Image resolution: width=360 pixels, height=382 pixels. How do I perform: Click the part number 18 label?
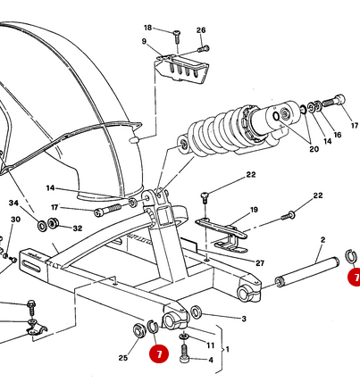tap(147, 28)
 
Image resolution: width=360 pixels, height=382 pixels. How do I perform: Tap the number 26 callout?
tap(201, 30)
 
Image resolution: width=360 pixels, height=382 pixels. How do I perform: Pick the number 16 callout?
tap(337, 136)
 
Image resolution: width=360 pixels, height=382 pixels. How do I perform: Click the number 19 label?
tap(254, 210)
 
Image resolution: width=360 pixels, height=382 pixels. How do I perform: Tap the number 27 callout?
tap(260, 263)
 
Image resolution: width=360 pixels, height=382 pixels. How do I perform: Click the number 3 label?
tap(243, 318)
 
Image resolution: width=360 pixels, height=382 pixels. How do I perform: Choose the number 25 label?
tap(122, 359)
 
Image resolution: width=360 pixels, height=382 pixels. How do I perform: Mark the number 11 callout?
tap(210, 345)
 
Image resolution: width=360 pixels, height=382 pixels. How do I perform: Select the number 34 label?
tap(13, 203)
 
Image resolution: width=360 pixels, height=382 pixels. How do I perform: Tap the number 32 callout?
tap(78, 228)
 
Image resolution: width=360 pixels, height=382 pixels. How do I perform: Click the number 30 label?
tap(14, 219)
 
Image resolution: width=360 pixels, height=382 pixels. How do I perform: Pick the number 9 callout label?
tap(143, 41)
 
